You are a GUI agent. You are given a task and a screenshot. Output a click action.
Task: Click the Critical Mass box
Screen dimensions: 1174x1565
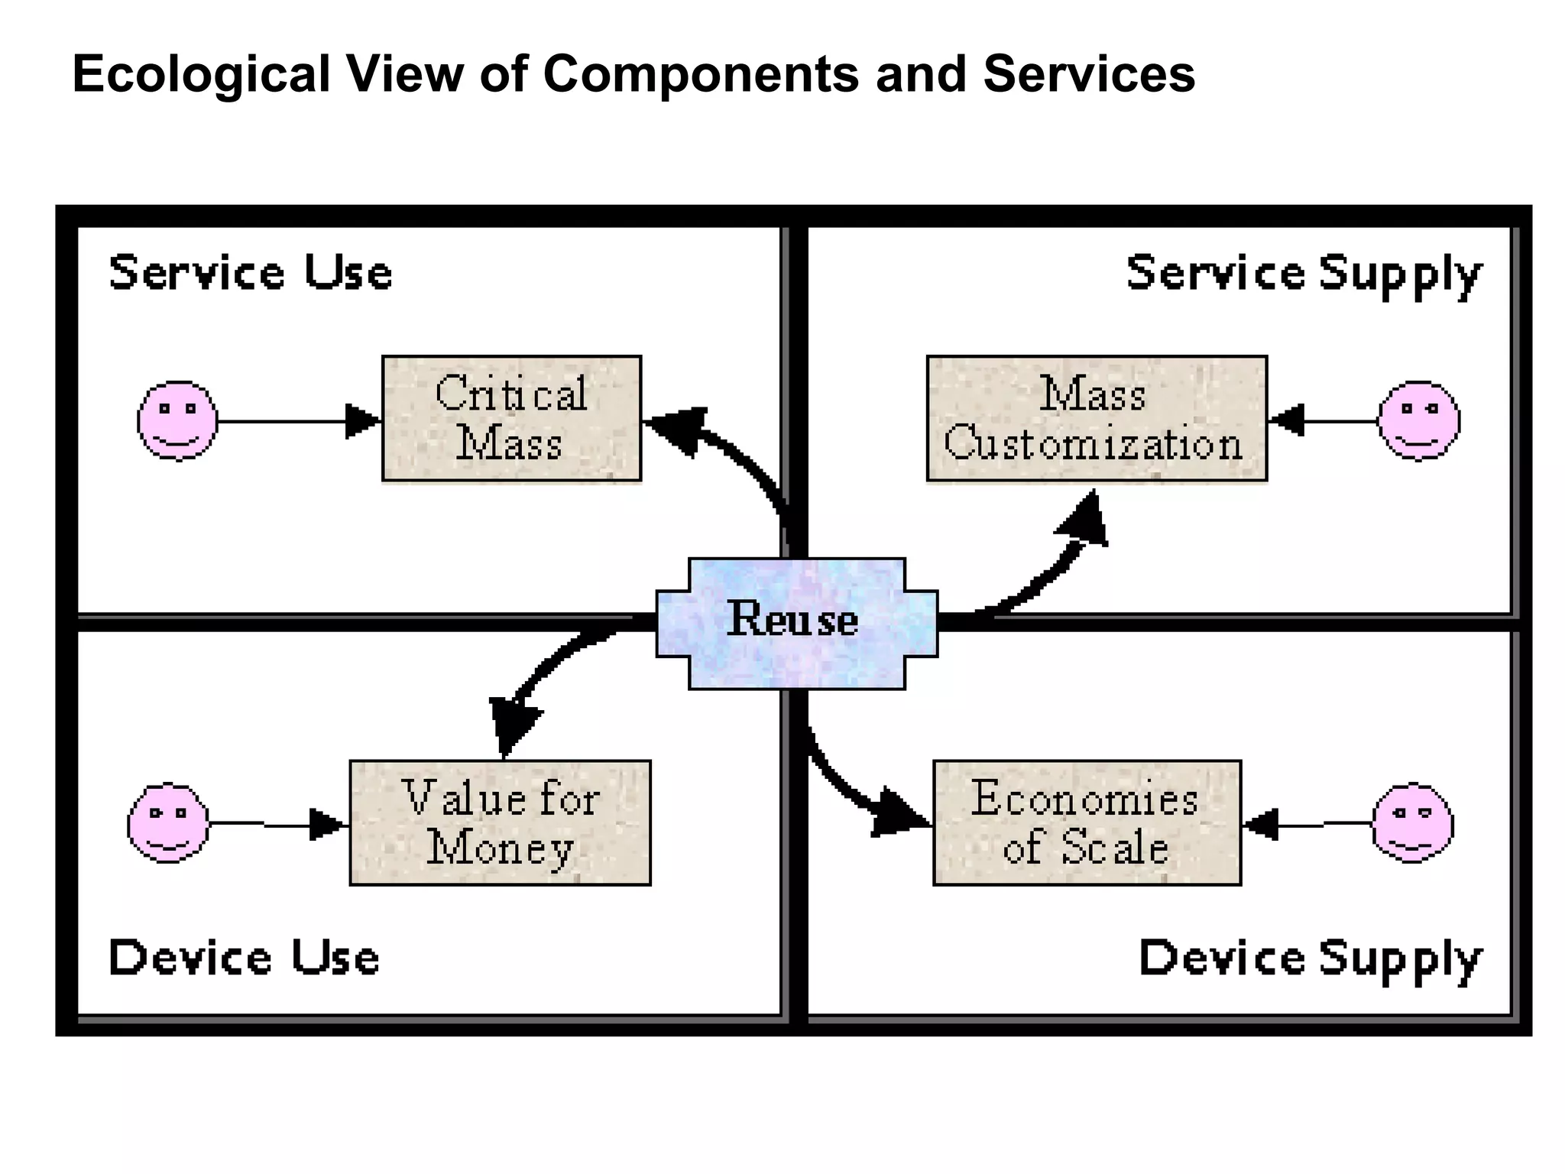511,418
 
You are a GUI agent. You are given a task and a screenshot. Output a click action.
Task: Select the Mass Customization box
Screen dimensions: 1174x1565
1096,418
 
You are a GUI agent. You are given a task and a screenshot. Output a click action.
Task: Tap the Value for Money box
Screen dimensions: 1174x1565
500,822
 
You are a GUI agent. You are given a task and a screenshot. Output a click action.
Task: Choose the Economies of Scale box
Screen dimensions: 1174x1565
1086,822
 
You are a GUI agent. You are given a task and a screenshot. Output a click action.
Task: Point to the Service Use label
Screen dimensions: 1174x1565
251,273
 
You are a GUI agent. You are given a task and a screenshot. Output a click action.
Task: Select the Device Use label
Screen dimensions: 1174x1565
244,958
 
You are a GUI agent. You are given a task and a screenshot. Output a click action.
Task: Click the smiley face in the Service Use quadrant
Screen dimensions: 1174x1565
177,420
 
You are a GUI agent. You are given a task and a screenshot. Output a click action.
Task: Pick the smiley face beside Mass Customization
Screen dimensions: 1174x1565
1418,420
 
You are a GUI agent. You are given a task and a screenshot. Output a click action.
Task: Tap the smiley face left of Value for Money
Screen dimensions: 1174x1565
167,822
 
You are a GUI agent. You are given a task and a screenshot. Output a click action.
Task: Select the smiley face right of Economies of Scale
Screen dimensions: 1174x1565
1412,822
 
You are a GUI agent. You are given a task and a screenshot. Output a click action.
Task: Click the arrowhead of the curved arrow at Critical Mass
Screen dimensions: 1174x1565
676,428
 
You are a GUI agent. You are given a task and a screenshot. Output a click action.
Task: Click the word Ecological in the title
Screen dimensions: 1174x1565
201,74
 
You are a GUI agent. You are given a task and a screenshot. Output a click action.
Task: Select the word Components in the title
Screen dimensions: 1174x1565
701,74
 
